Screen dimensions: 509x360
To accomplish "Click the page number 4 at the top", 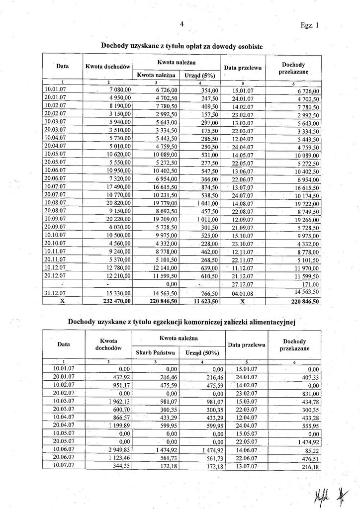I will [182, 24].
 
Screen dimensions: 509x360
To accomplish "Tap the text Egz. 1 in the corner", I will [310, 25].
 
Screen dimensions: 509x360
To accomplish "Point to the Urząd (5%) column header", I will [199, 75].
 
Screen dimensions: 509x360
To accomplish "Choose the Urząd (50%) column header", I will [202, 352].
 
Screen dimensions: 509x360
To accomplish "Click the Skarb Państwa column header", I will [155, 352].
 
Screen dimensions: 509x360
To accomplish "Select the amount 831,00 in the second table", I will [310, 393].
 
